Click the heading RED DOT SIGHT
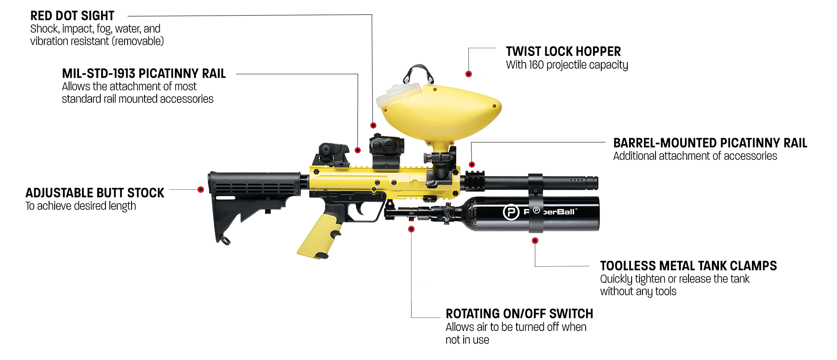coord(72,16)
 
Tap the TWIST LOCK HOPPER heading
coord(563,52)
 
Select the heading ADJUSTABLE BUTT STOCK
coord(95,193)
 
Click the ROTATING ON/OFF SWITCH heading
coord(519,314)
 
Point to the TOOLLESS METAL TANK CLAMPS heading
coord(688,266)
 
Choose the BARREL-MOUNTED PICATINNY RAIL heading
coord(710,143)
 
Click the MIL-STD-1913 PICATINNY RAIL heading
coord(144,73)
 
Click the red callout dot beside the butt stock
coord(201,190)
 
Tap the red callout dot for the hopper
coord(468,74)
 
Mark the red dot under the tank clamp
coord(535,241)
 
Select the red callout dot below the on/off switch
coord(412,229)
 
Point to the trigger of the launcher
coord(359,209)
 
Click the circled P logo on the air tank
coord(511,212)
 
